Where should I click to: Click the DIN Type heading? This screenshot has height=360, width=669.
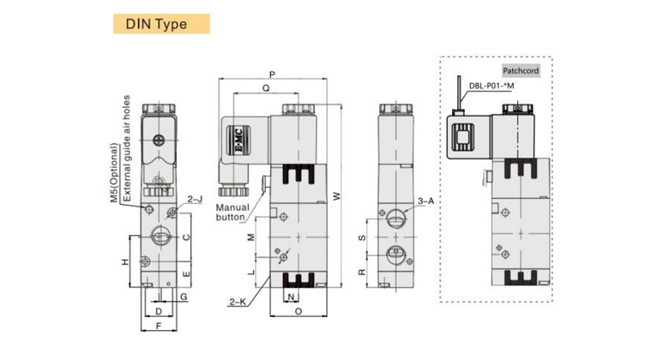point(156,24)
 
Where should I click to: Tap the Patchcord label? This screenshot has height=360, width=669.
point(521,71)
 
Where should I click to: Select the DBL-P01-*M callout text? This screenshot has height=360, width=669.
point(491,86)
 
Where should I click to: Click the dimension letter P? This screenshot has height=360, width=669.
point(272,75)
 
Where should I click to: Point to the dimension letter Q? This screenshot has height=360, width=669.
point(266,88)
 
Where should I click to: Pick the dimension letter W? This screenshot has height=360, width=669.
point(337,195)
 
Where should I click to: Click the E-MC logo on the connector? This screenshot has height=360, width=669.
point(238,140)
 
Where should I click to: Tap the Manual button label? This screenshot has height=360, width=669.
point(232,213)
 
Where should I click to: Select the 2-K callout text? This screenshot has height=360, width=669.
point(238,302)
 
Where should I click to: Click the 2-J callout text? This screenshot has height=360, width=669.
point(195,199)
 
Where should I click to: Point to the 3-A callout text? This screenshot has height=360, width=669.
point(425,201)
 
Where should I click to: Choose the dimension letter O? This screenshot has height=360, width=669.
point(298,311)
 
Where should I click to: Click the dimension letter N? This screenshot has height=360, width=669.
point(291,297)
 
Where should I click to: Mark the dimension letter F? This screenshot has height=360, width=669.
point(159,326)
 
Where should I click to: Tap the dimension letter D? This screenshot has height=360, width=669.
point(159,311)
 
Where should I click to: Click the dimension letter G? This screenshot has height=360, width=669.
point(184,297)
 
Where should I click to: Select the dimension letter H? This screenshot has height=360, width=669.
point(124,261)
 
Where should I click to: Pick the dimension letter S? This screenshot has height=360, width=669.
point(362,237)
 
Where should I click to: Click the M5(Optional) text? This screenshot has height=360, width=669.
point(114,173)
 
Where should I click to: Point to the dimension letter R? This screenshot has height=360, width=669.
point(362,272)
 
